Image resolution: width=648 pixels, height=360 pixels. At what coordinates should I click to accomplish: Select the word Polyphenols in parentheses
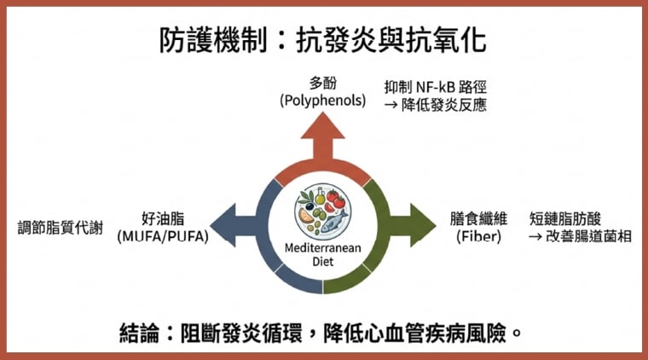click(x=322, y=101)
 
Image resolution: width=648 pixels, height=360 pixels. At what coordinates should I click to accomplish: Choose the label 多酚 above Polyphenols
click(x=322, y=84)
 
